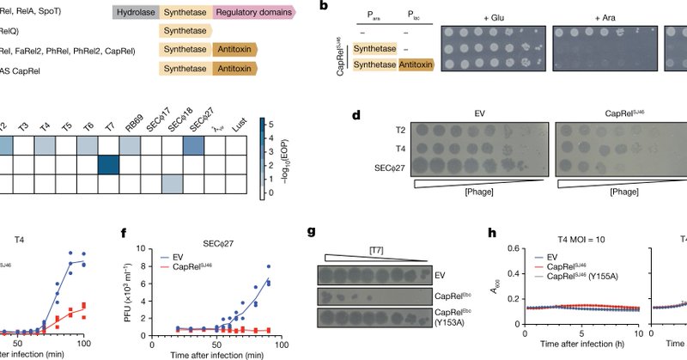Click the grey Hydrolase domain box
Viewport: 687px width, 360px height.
(136, 10)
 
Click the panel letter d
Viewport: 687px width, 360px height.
(354, 113)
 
